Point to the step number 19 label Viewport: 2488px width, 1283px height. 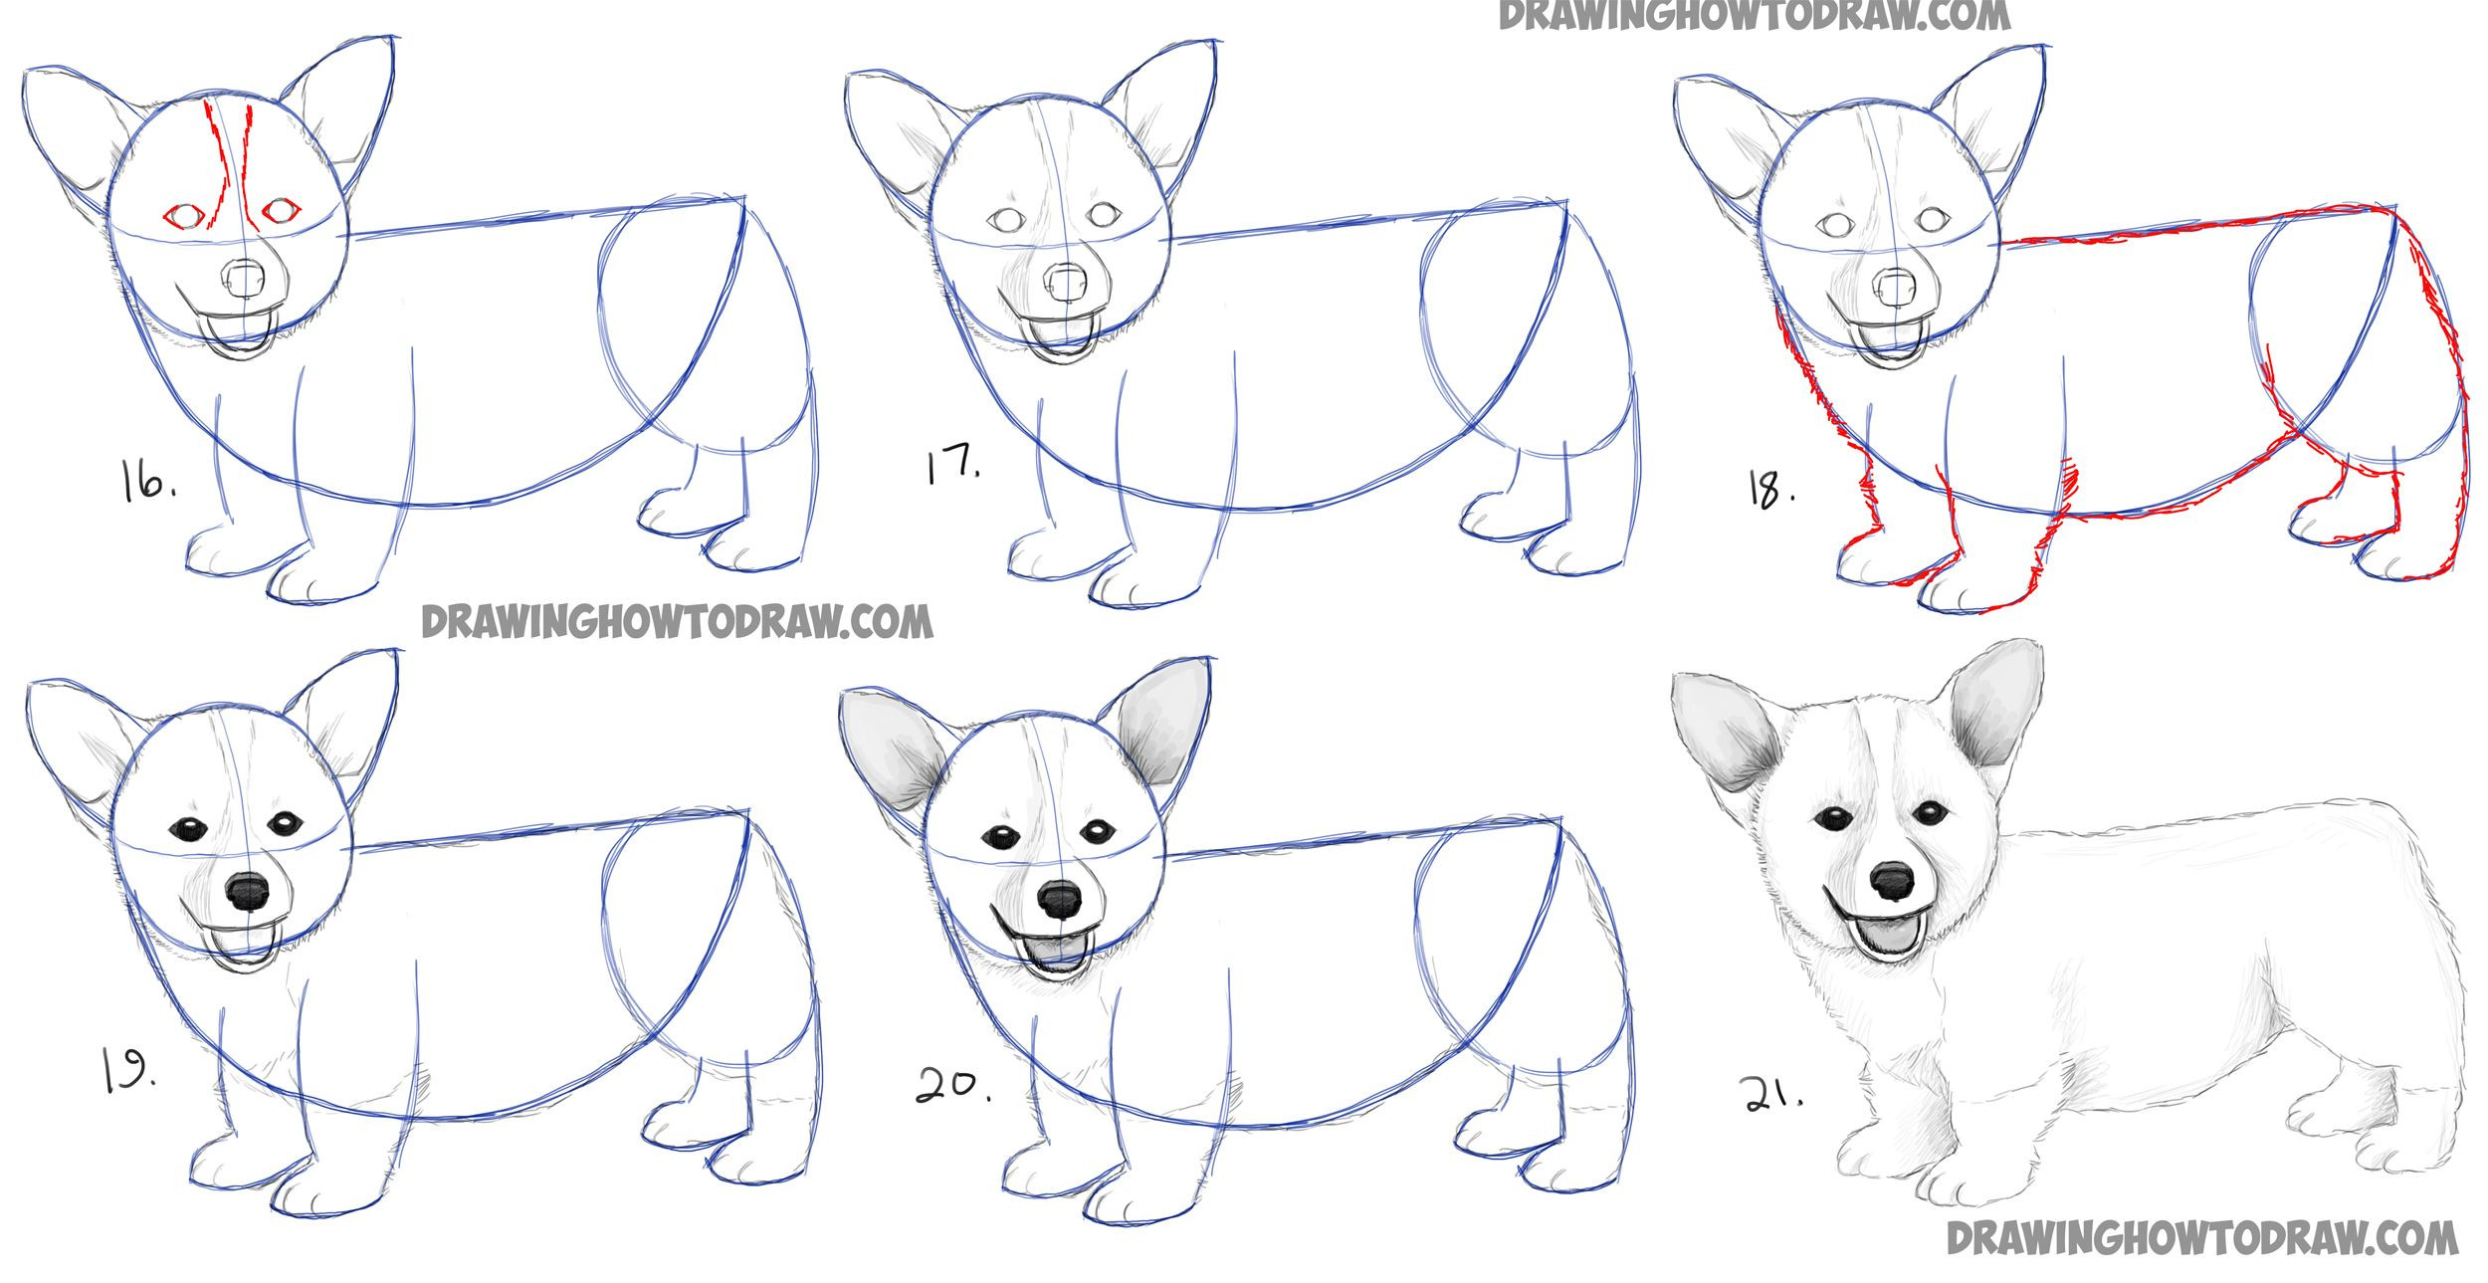(x=127, y=1072)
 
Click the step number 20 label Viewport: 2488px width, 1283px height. (x=953, y=1085)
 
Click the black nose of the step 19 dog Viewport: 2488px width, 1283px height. (x=247, y=891)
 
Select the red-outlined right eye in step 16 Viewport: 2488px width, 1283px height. (x=282, y=210)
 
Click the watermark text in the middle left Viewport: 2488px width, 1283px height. (x=677, y=622)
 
